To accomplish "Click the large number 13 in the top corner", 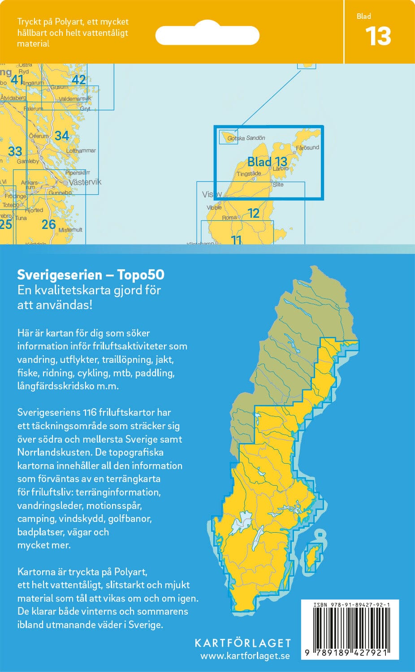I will pos(378,36).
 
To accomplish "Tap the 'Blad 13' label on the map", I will pos(267,162).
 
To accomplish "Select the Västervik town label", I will pos(85,182).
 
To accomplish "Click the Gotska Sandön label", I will pos(246,138).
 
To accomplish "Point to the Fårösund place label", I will pos(307,147).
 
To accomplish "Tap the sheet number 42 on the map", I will pos(78,80).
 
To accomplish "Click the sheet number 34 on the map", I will pos(62,135).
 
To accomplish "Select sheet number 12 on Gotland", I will pos(254,213).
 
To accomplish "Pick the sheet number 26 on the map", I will pos(48,224).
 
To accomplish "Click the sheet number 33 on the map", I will pos(15,151).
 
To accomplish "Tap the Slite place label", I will pos(278,185).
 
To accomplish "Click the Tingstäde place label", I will pos(249,174).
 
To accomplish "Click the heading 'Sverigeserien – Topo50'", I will pos(91,275).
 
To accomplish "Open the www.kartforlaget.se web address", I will pos(245,656).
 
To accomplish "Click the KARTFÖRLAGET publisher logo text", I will pos(242,643).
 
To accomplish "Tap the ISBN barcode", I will pos(350,629).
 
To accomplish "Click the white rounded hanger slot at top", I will pos(207,35).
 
